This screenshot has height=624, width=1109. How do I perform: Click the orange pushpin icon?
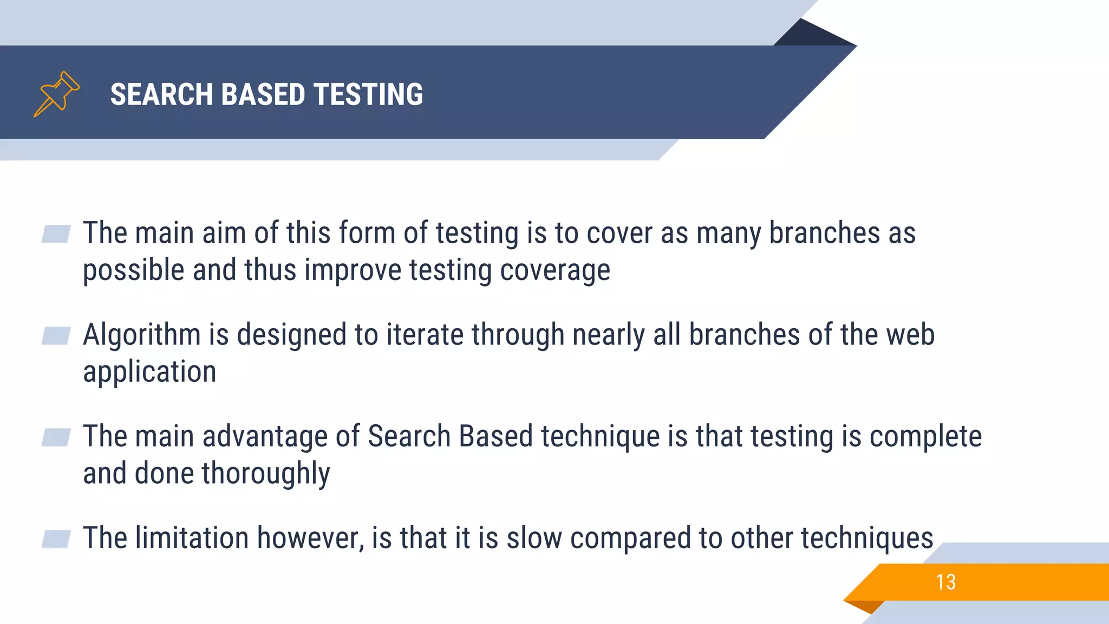click(x=56, y=94)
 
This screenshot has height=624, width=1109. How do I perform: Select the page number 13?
click(x=945, y=582)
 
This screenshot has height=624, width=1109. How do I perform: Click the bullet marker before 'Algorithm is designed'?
click(x=56, y=336)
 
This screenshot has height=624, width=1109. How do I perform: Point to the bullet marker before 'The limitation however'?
click(x=56, y=539)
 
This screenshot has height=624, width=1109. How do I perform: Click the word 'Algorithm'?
click(x=141, y=335)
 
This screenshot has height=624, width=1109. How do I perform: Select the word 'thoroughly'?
click(x=265, y=474)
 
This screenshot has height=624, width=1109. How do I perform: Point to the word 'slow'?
click(x=534, y=538)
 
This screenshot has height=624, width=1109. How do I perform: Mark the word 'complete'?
click(x=925, y=437)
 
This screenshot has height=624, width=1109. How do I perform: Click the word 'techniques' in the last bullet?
click(x=866, y=538)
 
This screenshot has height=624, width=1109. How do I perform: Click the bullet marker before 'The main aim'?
click(x=56, y=234)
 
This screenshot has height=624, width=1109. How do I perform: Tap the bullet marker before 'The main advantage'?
click(x=56, y=437)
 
